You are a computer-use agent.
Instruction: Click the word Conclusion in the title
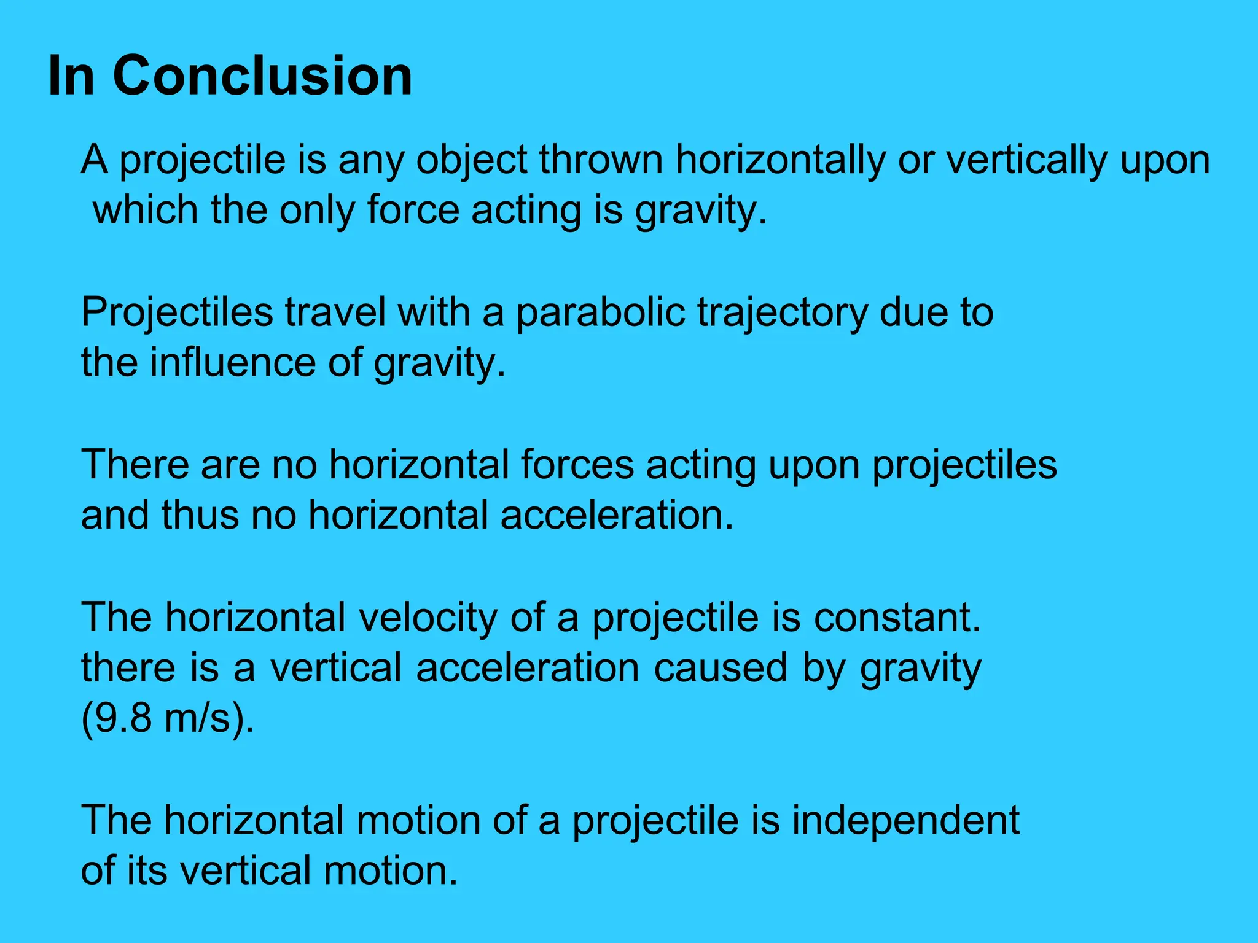[x=262, y=76]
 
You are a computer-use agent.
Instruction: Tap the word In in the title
[x=71, y=76]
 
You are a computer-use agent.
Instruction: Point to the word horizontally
[x=780, y=160]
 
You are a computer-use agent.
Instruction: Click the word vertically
[x=1026, y=160]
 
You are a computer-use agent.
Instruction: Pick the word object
[x=472, y=161]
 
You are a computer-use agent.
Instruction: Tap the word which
[x=145, y=210]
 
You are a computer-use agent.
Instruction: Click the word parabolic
[x=600, y=312]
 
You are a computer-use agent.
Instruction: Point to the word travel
[x=335, y=312]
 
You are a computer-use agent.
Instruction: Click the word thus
[x=200, y=514]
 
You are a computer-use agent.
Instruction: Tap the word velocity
[x=428, y=618]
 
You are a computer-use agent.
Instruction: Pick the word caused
[x=721, y=668]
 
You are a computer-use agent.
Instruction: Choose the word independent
[x=905, y=821]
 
